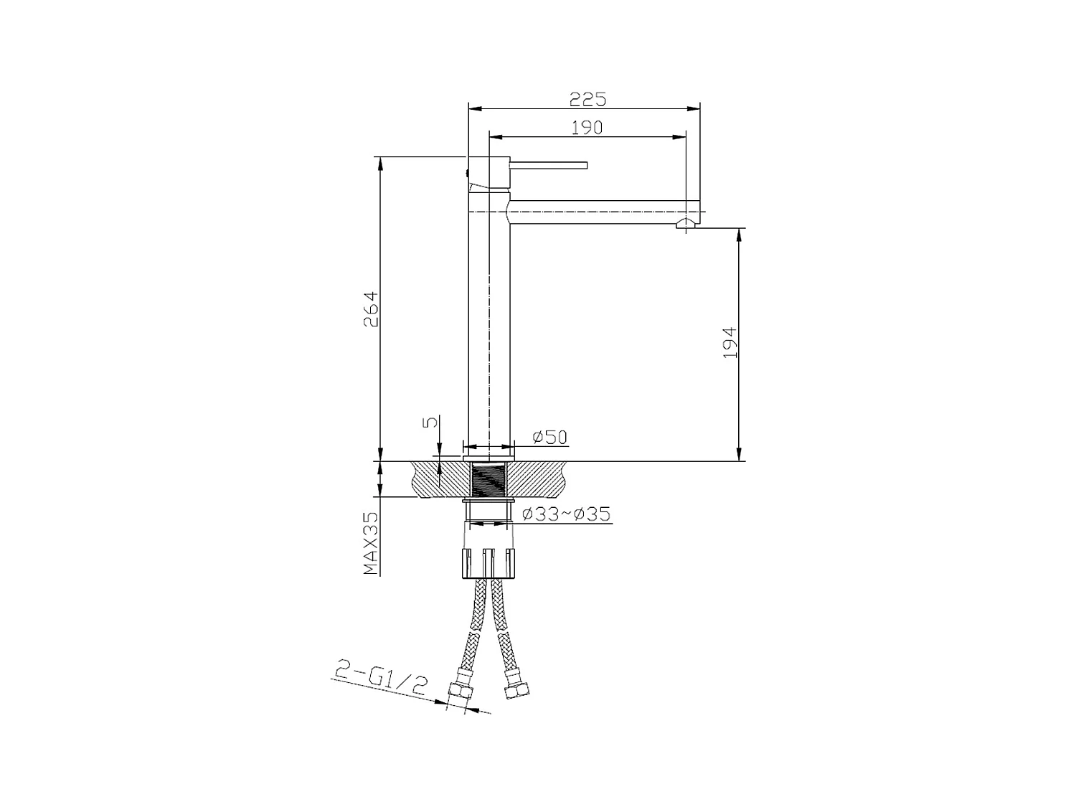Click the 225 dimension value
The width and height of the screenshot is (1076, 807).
pyautogui.click(x=588, y=98)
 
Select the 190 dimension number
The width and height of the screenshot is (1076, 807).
pyautogui.click(x=587, y=127)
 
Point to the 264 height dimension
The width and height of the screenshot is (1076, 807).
pyautogui.click(x=370, y=309)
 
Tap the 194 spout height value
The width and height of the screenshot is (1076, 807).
pyautogui.click(x=730, y=343)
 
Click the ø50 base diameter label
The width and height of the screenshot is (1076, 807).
pyautogui.click(x=549, y=437)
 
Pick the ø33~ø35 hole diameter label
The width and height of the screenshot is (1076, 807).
pyautogui.click(x=567, y=514)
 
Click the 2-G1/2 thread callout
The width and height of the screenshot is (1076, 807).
pyautogui.click(x=381, y=679)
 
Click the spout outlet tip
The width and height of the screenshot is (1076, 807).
pyautogui.click(x=686, y=225)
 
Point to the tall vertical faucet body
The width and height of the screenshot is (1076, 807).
pyautogui.click(x=489, y=323)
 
